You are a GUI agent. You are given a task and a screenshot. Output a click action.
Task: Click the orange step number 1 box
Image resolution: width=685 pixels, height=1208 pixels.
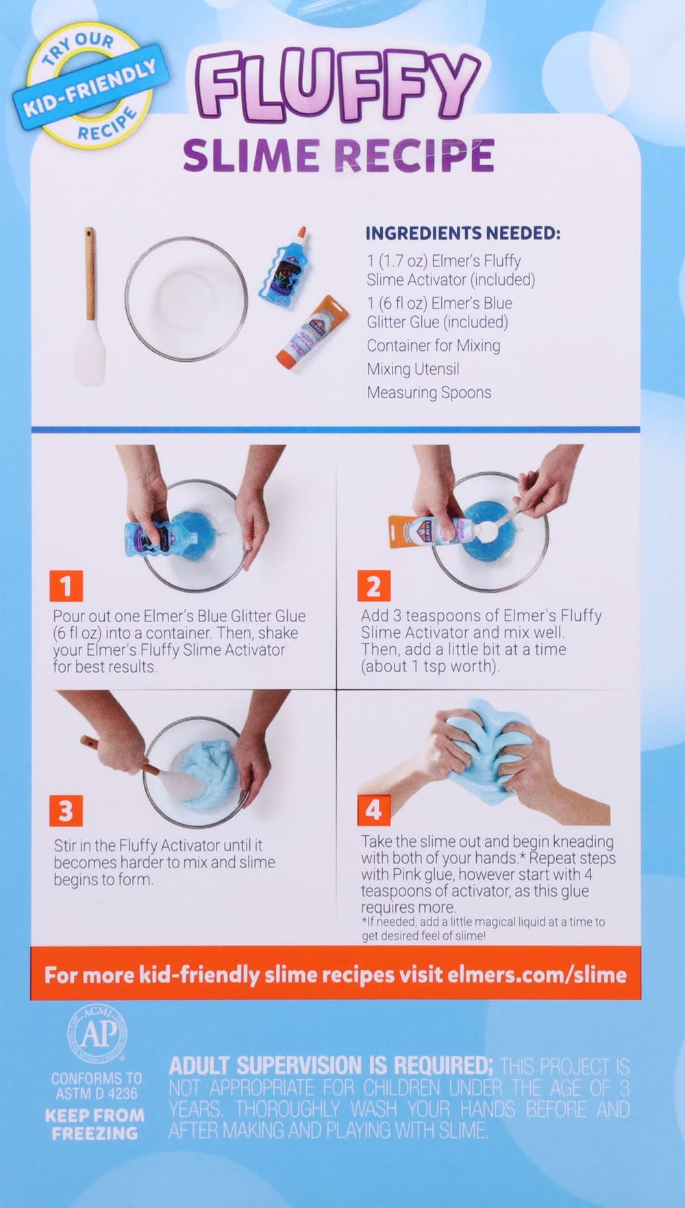(66, 586)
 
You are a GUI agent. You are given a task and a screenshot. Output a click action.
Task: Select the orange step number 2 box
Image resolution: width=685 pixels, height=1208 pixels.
(373, 586)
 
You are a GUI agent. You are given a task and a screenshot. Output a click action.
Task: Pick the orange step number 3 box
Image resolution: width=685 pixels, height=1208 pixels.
(66, 811)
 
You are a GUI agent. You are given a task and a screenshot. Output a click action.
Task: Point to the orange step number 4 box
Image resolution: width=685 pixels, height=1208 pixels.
(373, 811)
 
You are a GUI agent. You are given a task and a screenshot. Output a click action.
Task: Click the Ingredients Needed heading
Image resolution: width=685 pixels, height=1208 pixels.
(462, 233)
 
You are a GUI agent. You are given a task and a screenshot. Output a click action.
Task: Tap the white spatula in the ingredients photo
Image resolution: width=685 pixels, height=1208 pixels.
(90, 306)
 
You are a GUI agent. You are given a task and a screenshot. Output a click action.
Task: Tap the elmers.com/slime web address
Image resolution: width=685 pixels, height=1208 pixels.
(537, 974)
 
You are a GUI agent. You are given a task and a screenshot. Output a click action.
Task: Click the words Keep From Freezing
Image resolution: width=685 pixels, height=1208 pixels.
(95, 1124)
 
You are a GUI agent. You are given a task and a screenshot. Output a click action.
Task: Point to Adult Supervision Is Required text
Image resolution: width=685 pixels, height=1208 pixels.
(331, 1065)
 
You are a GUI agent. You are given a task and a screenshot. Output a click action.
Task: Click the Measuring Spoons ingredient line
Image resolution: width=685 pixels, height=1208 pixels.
(429, 393)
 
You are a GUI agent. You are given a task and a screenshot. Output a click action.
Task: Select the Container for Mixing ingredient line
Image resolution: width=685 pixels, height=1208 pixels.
(434, 345)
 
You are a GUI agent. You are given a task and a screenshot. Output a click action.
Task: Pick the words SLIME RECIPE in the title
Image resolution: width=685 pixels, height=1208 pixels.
(338, 155)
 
